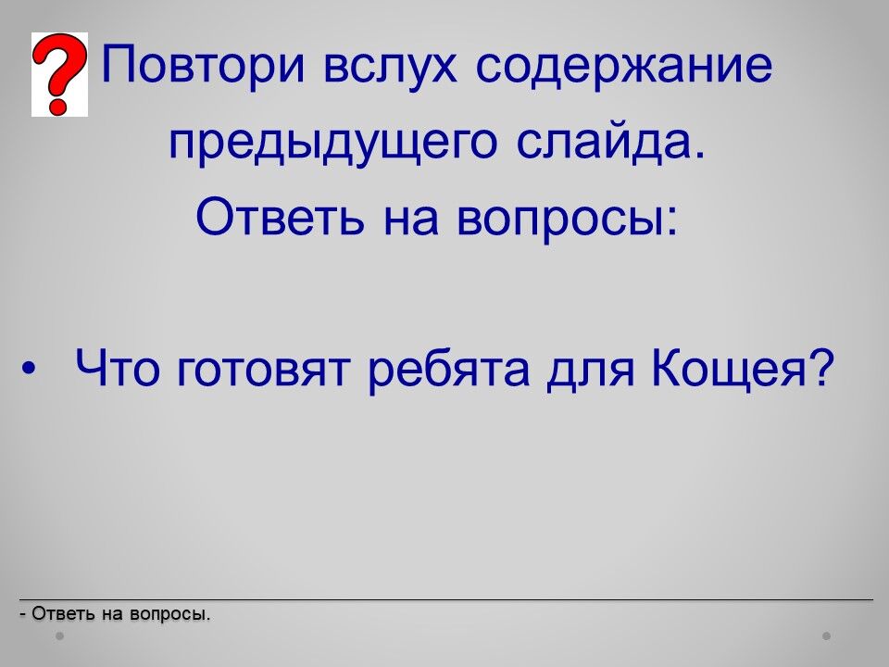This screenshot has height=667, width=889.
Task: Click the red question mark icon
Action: pyautogui.click(x=59, y=74)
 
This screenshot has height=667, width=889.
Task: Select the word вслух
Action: pyautogui.click(x=390, y=66)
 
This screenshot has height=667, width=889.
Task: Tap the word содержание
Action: pyautogui.click(x=623, y=66)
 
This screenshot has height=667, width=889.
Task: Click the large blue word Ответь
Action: pyautogui.click(x=279, y=218)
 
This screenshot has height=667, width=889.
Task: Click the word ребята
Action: pyautogui.click(x=449, y=370)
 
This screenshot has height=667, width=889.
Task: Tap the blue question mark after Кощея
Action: pyautogui.click(x=820, y=367)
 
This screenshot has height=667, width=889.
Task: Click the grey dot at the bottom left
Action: pyautogui.click(x=59, y=636)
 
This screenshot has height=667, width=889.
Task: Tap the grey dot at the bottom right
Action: pyautogui.click(x=827, y=636)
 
